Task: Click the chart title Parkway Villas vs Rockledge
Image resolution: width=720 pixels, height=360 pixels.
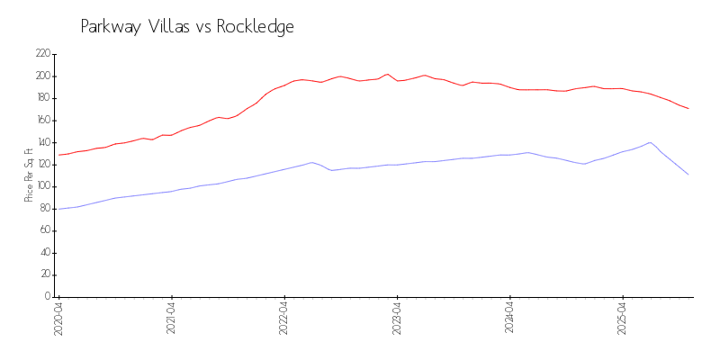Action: click(187, 27)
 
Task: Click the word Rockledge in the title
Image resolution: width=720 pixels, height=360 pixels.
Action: click(255, 27)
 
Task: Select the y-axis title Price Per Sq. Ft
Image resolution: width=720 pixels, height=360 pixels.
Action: click(29, 175)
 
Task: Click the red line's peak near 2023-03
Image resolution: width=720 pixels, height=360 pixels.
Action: click(387, 74)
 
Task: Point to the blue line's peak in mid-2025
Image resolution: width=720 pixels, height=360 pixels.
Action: click(650, 142)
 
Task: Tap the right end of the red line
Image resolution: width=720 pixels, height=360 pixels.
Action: click(688, 109)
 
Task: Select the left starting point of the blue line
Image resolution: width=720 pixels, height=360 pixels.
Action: click(59, 209)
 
